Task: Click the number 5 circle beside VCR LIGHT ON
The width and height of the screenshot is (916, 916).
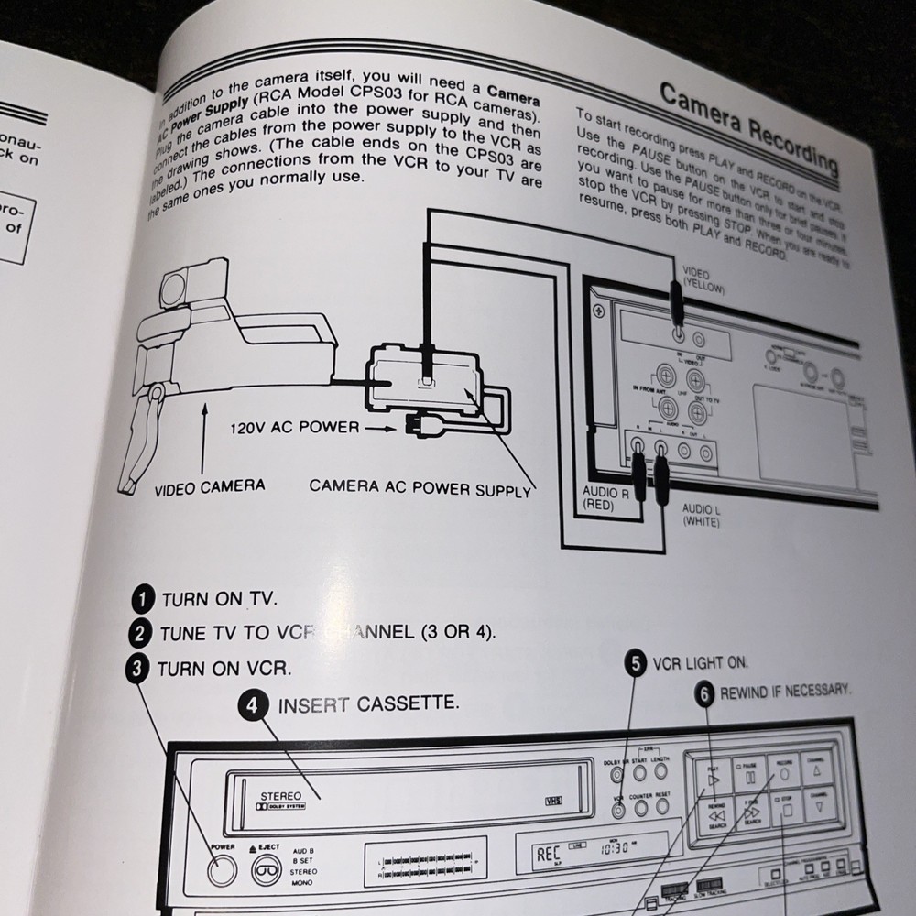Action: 635,663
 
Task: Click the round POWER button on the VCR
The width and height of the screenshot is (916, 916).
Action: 221,871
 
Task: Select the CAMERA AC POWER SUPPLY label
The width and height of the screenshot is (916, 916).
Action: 420,487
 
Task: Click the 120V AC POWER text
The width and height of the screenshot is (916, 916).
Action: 295,428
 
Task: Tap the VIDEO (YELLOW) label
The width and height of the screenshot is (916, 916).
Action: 703,280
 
